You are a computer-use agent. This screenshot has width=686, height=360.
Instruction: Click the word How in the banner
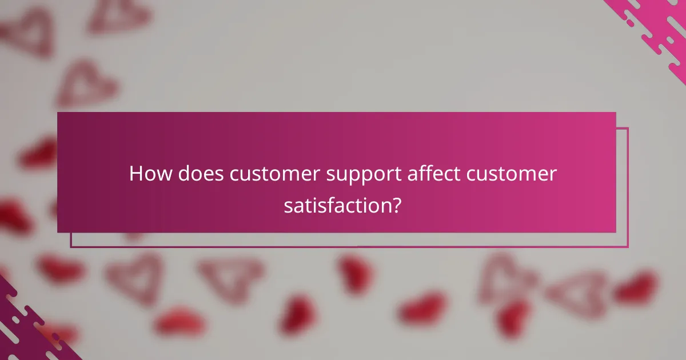tap(150, 174)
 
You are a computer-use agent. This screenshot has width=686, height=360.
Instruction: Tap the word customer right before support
tap(272, 174)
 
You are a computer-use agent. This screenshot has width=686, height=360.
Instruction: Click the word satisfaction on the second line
tap(336, 205)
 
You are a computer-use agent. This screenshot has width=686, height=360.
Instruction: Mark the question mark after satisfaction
tap(395, 205)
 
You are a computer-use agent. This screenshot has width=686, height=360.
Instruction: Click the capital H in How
tap(136, 174)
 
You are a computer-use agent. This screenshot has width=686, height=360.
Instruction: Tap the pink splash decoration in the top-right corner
tap(657, 29)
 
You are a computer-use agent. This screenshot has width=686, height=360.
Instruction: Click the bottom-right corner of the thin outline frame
tap(628, 247)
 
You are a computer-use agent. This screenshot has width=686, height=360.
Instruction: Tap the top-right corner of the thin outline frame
tap(628, 128)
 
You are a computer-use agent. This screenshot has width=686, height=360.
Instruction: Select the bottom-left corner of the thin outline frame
tap(71, 247)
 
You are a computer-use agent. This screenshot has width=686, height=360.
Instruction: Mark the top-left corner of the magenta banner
tap(58, 113)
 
